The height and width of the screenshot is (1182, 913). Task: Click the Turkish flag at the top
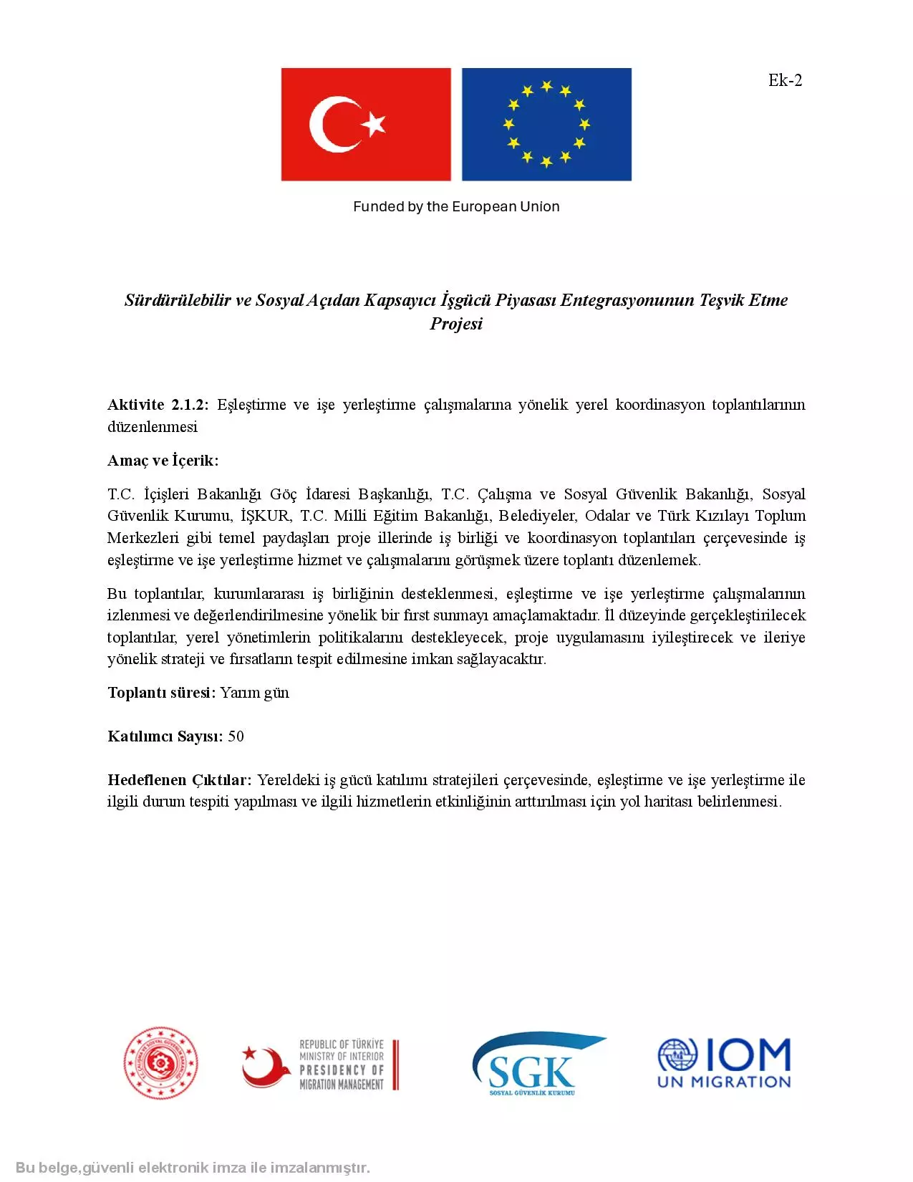pyautogui.click(x=366, y=124)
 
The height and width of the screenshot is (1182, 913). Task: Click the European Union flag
pyautogui.click(x=546, y=124)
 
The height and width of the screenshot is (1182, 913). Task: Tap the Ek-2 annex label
pyautogui.click(x=785, y=80)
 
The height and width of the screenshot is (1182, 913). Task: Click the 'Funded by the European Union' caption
pyautogui.click(x=456, y=206)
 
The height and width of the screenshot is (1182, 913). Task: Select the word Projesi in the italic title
pyautogui.click(x=456, y=324)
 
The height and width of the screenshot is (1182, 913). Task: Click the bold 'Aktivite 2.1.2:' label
pyautogui.click(x=158, y=405)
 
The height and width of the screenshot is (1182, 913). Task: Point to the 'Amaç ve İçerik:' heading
pyautogui.click(x=163, y=461)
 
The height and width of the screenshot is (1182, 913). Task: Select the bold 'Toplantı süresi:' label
pyautogui.click(x=161, y=693)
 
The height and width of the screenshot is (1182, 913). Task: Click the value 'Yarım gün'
pyautogui.click(x=255, y=693)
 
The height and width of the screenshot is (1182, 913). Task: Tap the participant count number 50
pyautogui.click(x=236, y=736)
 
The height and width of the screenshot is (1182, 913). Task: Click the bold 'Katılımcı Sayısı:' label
pyautogui.click(x=165, y=736)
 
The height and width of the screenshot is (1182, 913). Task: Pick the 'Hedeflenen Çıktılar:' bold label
pyautogui.click(x=179, y=780)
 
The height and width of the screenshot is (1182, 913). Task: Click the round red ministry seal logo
pyautogui.click(x=160, y=1064)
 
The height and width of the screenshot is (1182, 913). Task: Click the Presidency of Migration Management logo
pyautogui.click(x=320, y=1065)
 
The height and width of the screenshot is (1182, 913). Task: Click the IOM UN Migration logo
pyautogui.click(x=724, y=1064)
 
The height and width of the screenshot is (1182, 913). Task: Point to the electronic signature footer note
pyautogui.click(x=193, y=1168)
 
